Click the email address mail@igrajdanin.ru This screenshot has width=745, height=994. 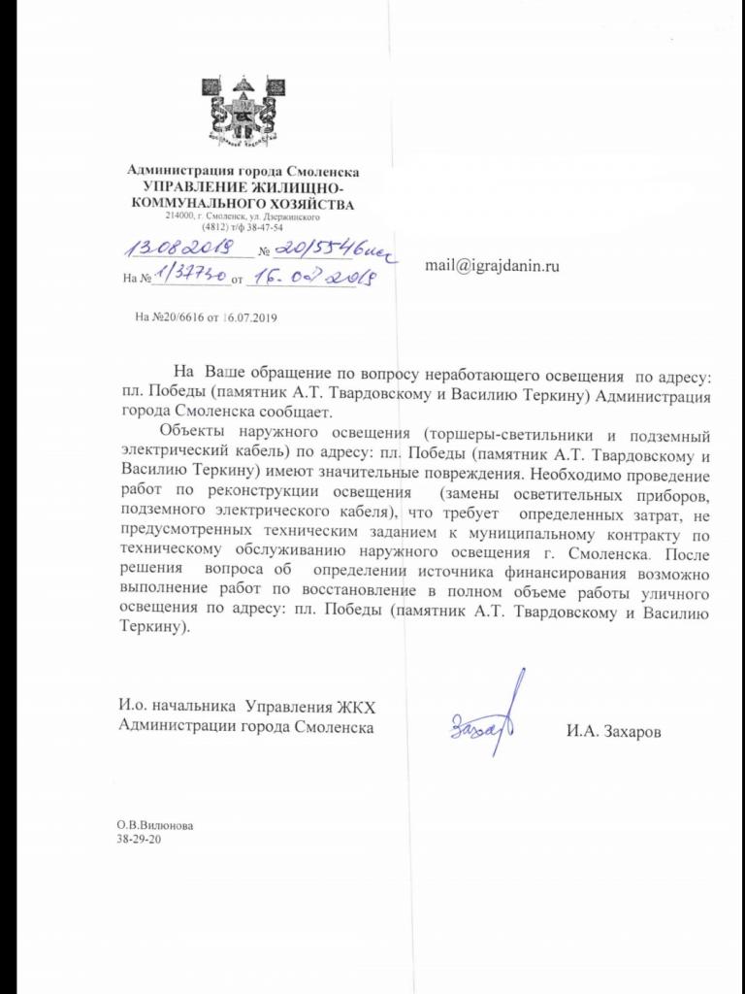493,264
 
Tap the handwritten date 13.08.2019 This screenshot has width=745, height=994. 182,250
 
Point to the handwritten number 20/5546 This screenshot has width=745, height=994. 335,250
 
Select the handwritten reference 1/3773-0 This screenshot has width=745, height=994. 189,280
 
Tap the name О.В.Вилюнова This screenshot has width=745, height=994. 154,825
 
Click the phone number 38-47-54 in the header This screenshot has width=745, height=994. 262,228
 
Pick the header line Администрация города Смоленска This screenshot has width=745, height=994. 243,172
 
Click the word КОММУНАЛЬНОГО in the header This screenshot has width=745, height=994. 200,204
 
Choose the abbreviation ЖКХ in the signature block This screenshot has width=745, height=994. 352,706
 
